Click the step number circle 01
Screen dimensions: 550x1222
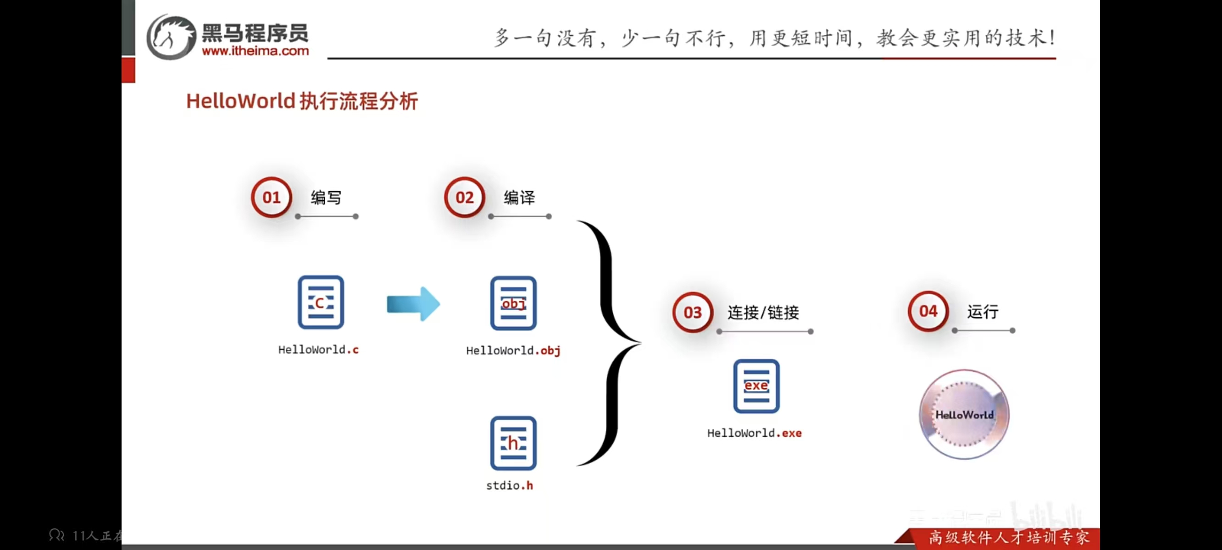click(x=272, y=197)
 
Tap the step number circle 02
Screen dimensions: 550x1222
click(x=464, y=197)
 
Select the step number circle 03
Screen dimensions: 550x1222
click(x=693, y=312)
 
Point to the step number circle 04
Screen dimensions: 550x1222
click(x=928, y=311)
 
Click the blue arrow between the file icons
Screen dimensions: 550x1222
click(x=413, y=304)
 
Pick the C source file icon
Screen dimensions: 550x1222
click(x=321, y=302)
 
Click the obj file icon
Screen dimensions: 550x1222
click(x=513, y=303)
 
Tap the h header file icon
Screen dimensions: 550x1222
click(x=513, y=443)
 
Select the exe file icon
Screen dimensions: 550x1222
click(x=756, y=386)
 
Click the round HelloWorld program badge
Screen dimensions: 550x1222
click(x=964, y=414)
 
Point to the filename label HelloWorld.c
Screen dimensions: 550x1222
click(x=318, y=350)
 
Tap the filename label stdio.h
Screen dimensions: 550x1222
click(x=510, y=485)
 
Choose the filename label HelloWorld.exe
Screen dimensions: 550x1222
click(x=754, y=433)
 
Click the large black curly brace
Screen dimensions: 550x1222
click(x=610, y=342)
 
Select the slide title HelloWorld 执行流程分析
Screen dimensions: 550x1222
click(x=302, y=101)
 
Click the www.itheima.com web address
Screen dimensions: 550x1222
click(x=255, y=51)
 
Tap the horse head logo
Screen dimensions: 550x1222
click(x=171, y=37)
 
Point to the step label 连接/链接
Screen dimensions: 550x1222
click(x=763, y=313)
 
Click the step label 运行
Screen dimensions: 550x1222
click(x=983, y=312)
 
